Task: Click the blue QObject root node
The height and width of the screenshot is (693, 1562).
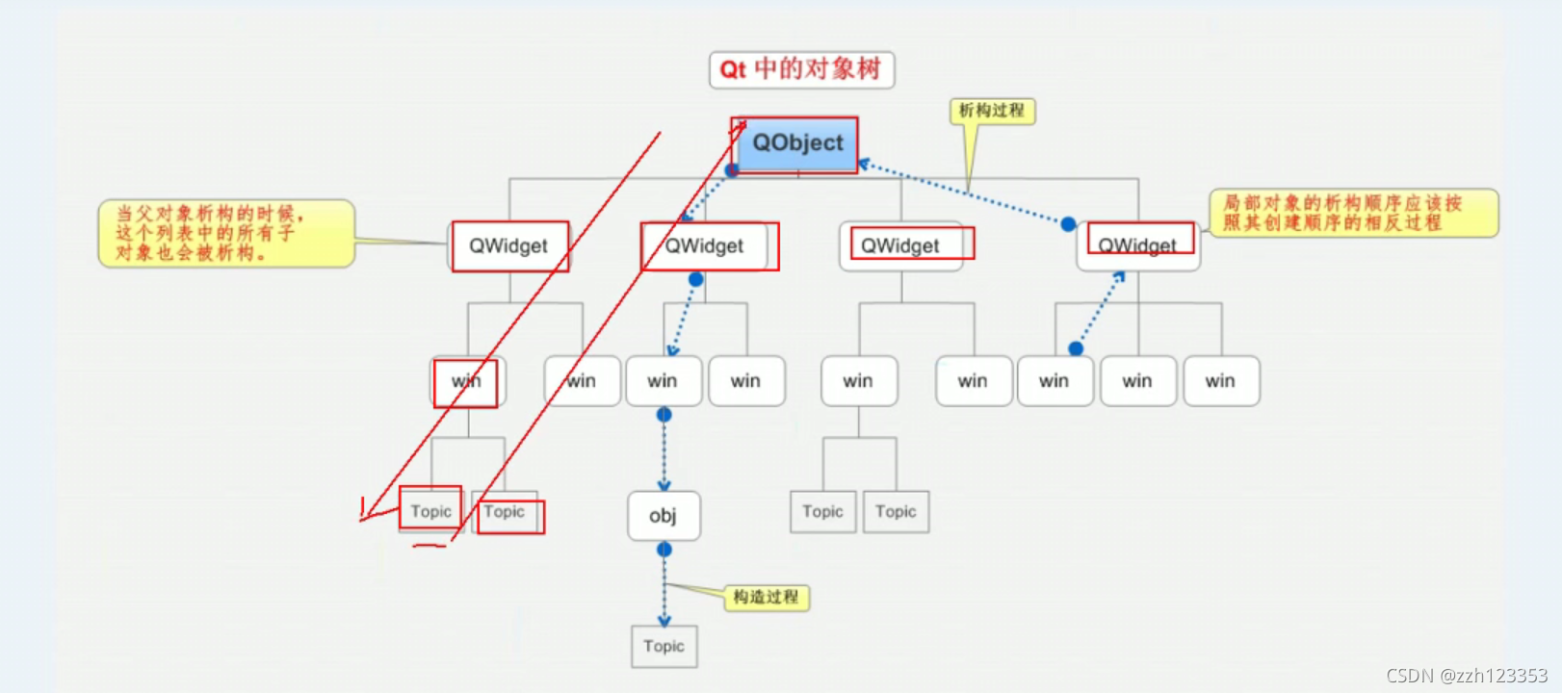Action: tap(796, 144)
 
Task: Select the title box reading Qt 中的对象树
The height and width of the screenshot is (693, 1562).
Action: tap(801, 70)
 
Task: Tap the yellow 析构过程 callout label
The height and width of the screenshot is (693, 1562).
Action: tap(992, 112)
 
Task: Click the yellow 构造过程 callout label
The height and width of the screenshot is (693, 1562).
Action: tap(767, 598)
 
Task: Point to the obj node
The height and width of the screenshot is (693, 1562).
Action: tap(664, 516)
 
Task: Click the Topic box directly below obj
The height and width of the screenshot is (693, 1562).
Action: tap(664, 647)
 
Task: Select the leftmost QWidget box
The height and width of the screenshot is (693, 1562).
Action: tap(508, 246)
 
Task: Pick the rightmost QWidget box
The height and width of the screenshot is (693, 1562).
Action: tap(1137, 246)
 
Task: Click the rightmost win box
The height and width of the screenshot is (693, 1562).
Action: tap(1220, 381)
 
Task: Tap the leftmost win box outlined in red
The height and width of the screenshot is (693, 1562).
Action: tap(467, 381)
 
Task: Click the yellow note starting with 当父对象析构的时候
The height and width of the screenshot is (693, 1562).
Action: tap(226, 234)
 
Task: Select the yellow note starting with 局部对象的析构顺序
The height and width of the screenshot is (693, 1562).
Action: tap(1353, 213)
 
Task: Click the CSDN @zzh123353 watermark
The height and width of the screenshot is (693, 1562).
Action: tap(1467, 676)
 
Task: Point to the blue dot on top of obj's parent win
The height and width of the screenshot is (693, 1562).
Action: tap(664, 415)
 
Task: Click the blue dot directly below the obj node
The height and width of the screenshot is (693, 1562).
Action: tap(664, 550)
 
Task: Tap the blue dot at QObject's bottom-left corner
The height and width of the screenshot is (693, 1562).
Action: tap(732, 170)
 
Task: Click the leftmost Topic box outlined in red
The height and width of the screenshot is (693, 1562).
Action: tap(430, 511)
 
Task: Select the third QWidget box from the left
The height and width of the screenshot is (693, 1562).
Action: tap(900, 246)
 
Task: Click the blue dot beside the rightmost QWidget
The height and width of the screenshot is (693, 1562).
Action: tap(1068, 224)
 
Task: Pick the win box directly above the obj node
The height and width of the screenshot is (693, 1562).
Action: tap(663, 381)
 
